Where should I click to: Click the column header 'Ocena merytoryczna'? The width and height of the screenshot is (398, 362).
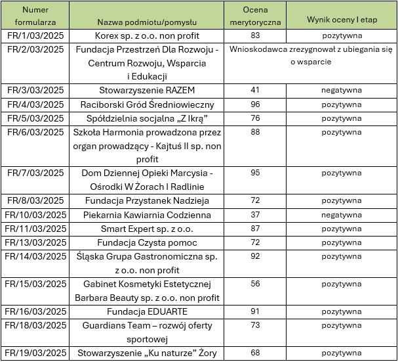pyautogui.click(x=254, y=15)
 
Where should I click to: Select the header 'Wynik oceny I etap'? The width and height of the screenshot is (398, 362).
pyautogui.click(x=341, y=20)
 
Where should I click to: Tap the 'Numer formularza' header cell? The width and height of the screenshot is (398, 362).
pyautogui.click(x=35, y=15)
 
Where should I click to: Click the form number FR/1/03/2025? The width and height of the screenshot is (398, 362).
pyautogui.click(x=35, y=35)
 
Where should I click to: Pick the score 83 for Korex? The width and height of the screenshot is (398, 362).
pyautogui.click(x=255, y=35)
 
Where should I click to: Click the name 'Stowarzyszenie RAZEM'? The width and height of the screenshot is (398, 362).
pyautogui.click(x=147, y=90)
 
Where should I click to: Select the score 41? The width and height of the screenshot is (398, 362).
pyautogui.click(x=255, y=90)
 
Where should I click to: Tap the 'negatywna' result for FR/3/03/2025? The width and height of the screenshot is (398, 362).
pyautogui.click(x=341, y=91)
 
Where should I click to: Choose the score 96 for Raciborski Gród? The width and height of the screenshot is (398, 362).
pyautogui.click(x=255, y=104)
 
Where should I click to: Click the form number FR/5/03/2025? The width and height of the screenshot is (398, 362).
pyautogui.click(x=35, y=118)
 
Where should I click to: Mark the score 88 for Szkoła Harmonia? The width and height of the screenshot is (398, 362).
pyautogui.click(x=255, y=132)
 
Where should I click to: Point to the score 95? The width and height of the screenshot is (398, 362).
pyautogui.click(x=255, y=173)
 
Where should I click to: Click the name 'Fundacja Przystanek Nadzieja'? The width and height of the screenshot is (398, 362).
pyautogui.click(x=147, y=201)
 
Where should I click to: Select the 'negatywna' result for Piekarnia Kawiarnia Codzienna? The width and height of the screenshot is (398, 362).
pyautogui.click(x=341, y=215)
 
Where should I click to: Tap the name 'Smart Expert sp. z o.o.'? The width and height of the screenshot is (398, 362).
pyautogui.click(x=147, y=229)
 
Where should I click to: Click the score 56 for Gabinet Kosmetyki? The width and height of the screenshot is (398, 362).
pyautogui.click(x=255, y=284)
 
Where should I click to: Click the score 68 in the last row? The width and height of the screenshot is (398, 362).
pyautogui.click(x=255, y=353)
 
